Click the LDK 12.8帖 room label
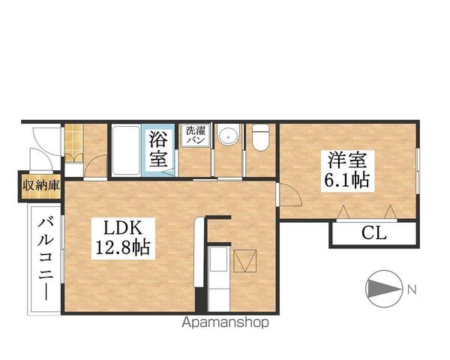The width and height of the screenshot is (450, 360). (x=123, y=238)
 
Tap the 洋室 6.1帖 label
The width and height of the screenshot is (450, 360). (x=347, y=171)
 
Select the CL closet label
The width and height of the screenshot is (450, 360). (x=373, y=232)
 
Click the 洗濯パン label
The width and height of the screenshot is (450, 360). (x=196, y=135)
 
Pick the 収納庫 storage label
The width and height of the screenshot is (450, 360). (x=41, y=185)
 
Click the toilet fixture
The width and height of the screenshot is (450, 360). (x=260, y=137)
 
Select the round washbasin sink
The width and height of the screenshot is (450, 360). (x=228, y=134)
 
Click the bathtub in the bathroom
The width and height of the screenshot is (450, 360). (x=126, y=151)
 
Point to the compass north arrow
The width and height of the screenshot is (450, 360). (x=383, y=289)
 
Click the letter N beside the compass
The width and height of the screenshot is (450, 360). (x=412, y=289)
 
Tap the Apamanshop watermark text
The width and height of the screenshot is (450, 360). (x=225, y=322)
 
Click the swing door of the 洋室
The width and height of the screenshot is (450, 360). (x=290, y=195)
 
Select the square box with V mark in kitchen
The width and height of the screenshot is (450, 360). (x=244, y=261)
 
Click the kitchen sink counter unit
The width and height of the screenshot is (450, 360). (x=219, y=278)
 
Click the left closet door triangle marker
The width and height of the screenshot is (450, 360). (x=343, y=211)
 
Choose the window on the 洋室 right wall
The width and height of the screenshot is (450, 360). (x=418, y=171)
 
